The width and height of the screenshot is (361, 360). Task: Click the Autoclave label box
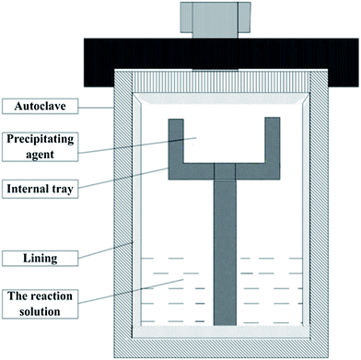pos(40,106)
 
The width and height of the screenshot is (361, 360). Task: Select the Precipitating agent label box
pos(40,146)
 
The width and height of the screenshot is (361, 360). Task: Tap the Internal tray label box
pos(40,189)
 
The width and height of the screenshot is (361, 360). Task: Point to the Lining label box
pos(40,259)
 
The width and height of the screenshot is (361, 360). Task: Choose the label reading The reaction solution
pos(40,304)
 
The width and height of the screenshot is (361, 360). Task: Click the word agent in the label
pos(40,155)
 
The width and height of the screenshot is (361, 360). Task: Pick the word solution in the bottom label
pos(40,311)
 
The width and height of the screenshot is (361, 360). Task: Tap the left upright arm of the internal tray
pos(176,148)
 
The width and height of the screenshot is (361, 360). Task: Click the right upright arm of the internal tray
pos(273,148)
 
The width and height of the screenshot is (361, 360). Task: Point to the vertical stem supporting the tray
pos(225,252)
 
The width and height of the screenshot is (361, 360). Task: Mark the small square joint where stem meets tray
pos(225,171)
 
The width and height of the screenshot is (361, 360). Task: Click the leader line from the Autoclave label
pos(96,107)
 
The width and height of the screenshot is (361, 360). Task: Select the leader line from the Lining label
pos(106,250)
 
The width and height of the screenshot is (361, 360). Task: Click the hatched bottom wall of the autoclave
pos(221,348)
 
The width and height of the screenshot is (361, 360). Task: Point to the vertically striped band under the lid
pos(221,80)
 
